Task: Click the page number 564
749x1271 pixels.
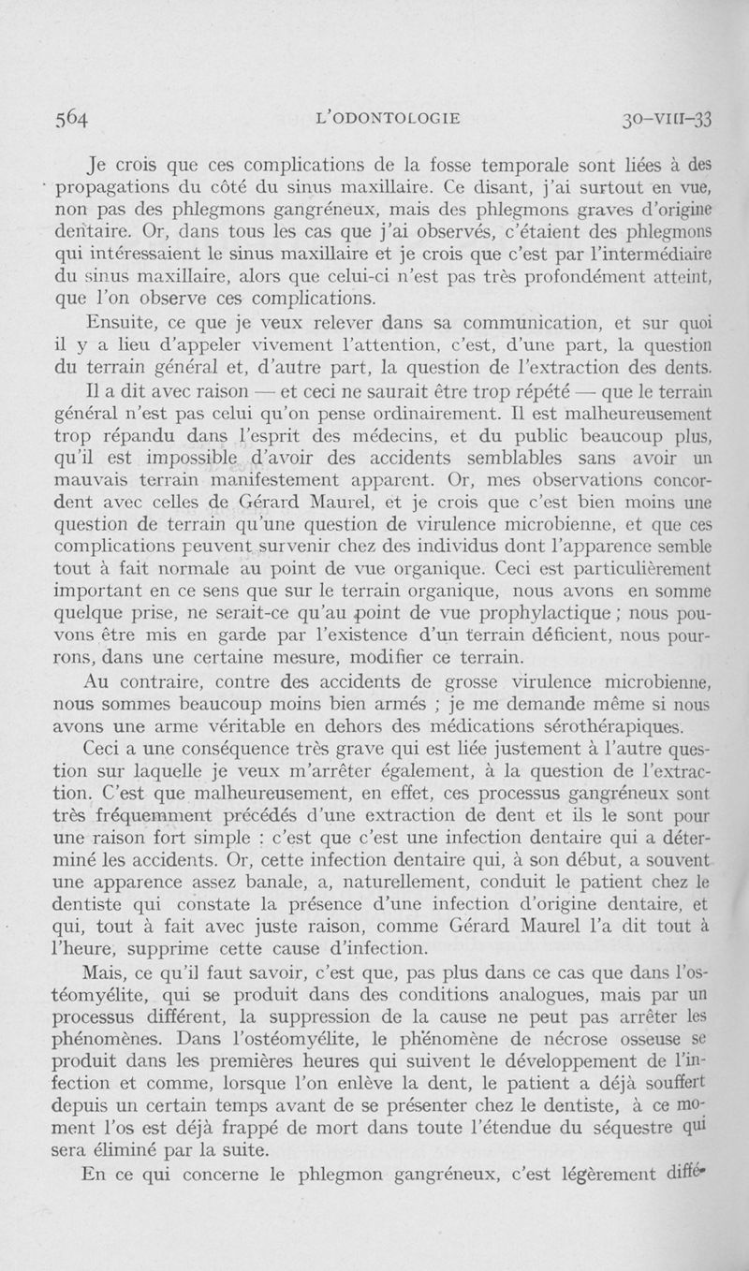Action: pyautogui.click(x=70, y=118)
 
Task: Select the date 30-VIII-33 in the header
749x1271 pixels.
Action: pyautogui.click(x=668, y=118)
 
